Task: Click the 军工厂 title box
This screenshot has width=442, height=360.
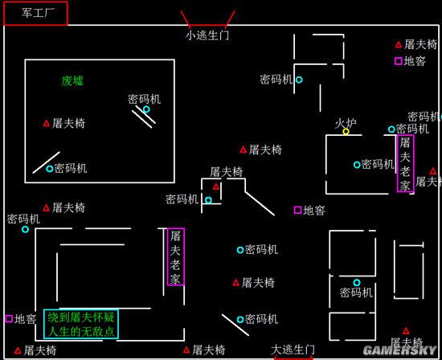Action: click(x=36, y=13)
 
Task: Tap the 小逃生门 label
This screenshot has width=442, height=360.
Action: click(x=207, y=35)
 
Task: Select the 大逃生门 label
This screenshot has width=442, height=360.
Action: click(x=293, y=350)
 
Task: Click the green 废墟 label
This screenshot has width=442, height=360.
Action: click(x=72, y=81)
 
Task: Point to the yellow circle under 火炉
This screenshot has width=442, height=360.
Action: click(x=346, y=131)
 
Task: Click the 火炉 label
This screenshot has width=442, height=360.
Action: click(x=346, y=123)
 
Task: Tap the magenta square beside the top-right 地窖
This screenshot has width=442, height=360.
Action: click(x=399, y=60)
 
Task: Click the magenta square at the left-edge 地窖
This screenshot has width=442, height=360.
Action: click(x=9, y=318)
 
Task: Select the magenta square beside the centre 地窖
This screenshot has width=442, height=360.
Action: click(x=298, y=210)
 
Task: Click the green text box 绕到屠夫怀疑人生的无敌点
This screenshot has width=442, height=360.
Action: click(x=81, y=324)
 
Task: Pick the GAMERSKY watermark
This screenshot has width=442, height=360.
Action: click(x=399, y=350)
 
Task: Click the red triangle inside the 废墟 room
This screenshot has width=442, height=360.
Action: click(x=47, y=123)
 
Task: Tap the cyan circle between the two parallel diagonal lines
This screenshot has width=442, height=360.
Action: click(x=146, y=109)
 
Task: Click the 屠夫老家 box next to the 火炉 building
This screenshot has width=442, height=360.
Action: click(x=405, y=163)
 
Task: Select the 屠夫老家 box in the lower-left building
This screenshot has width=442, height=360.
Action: click(x=176, y=256)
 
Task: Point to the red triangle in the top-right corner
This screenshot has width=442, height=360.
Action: click(x=399, y=44)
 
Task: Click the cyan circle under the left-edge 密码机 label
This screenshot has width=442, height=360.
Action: click(x=26, y=229)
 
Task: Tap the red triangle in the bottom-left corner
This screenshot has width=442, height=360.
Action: click(x=18, y=350)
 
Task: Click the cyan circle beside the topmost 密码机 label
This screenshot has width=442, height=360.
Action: click(x=299, y=80)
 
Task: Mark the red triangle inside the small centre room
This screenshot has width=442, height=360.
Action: click(x=216, y=186)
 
